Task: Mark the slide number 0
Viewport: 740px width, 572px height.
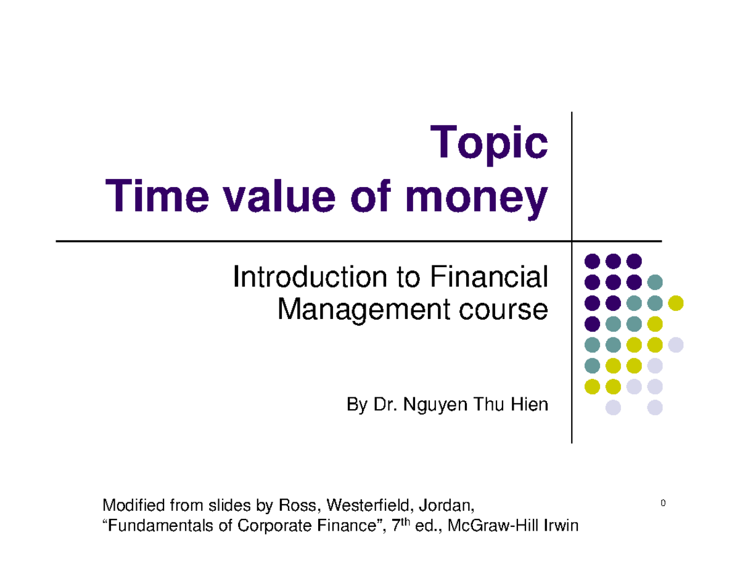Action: pyautogui.click(x=663, y=504)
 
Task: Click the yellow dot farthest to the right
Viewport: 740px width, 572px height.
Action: pyautogui.click(x=676, y=303)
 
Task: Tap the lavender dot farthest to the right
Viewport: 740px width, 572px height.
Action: pyautogui.click(x=676, y=344)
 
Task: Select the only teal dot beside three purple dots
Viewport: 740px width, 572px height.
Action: pyautogui.click(x=655, y=282)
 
